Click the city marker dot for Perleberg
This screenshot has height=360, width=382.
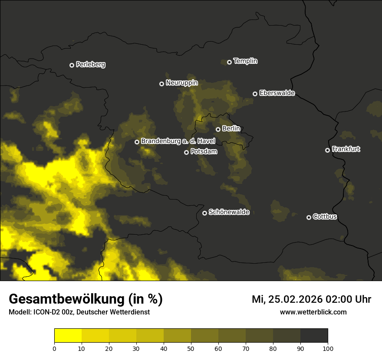pos(72,65)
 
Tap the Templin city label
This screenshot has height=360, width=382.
pos(245,61)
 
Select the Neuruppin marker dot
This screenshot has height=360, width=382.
pos(161,84)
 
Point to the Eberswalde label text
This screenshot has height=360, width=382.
pos(277,93)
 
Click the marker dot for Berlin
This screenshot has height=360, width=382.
pos(218,129)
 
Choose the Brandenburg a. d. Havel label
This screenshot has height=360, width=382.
pos(178,141)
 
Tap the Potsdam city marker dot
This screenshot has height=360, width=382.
pos(186,152)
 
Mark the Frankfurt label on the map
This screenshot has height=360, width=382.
pos(346,149)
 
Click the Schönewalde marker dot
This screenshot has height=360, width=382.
pos(204,213)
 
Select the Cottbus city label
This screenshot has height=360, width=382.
pos(325,216)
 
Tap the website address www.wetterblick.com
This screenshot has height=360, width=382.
pos(313,312)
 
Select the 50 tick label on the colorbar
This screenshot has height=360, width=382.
pos(191,348)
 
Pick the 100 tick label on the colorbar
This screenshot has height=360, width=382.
pos(328,348)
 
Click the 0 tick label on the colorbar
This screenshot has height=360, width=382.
pos(54,348)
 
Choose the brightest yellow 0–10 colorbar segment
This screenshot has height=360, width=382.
pos(68,336)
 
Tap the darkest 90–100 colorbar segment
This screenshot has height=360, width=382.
pos(314,336)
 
